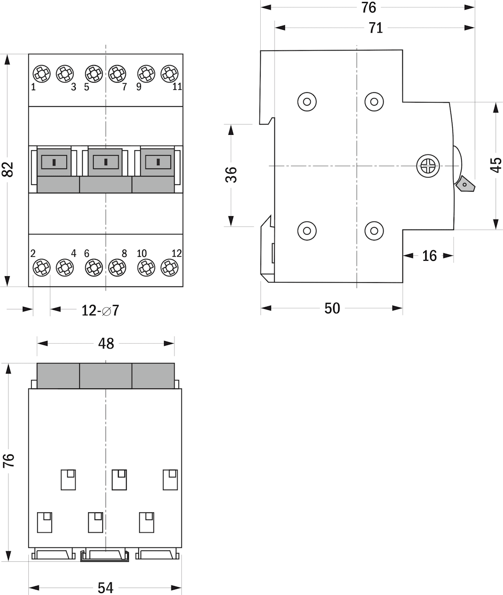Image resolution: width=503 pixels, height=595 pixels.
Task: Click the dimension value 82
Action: pyautogui.click(x=9, y=170)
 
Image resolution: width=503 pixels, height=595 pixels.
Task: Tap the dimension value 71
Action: pyautogui.click(x=376, y=28)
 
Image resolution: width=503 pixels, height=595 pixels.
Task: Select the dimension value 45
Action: pyautogui.click(x=496, y=165)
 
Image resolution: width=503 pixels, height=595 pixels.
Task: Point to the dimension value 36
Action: pyautogui.click(x=231, y=175)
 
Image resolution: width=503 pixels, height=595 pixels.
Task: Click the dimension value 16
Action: pyautogui.click(x=429, y=256)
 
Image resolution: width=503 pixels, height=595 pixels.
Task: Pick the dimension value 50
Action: pyautogui.click(x=332, y=308)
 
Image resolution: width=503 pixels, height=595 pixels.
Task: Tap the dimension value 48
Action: pyautogui.click(x=106, y=344)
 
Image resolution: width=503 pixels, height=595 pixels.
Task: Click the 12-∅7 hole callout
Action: pyautogui.click(x=100, y=310)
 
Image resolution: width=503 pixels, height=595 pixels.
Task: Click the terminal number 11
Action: pyautogui.click(x=177, y=87)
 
